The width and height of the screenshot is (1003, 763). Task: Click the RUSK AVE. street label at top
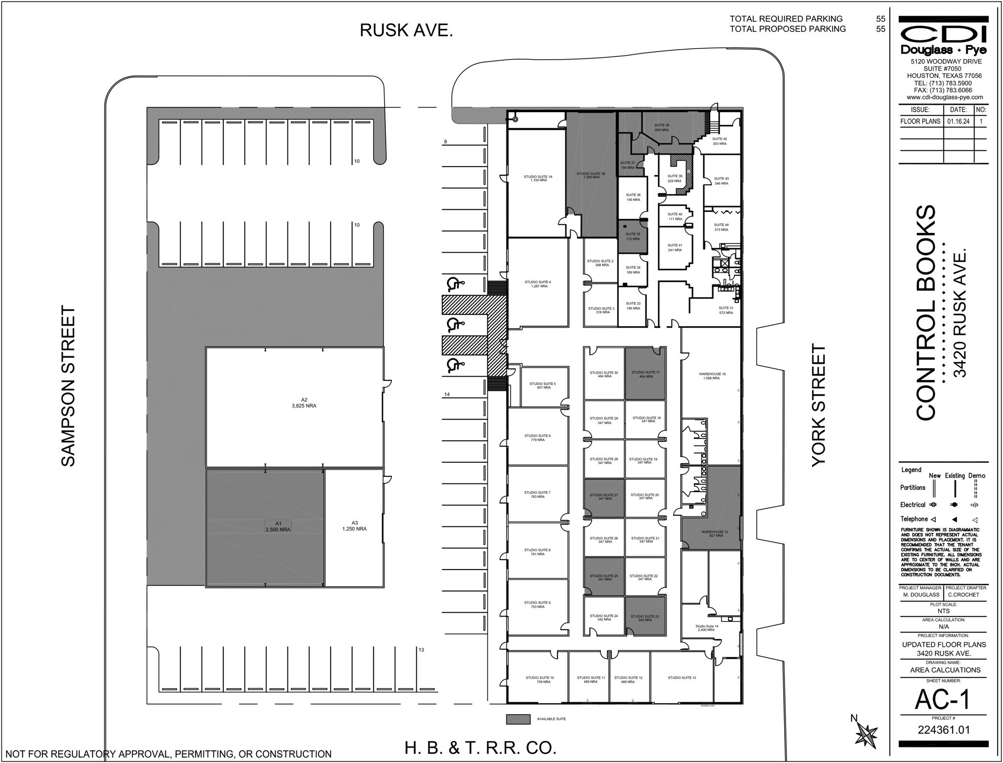(406, 30)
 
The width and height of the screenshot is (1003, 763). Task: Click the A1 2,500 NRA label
(278, 526)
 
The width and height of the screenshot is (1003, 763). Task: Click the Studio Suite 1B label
(591, 175)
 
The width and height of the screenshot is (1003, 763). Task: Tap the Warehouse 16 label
(712, 376)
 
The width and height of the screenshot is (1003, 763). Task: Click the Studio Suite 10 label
(540, 680)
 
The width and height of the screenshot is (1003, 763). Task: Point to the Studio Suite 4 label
(538, 284)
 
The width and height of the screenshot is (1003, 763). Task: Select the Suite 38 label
(662, 127)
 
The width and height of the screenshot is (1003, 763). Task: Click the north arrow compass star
(866, 735)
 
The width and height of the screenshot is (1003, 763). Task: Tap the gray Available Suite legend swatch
(518, 719)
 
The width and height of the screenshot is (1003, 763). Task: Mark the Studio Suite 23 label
(645, 618)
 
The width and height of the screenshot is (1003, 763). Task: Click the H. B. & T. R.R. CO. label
(480, 748)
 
